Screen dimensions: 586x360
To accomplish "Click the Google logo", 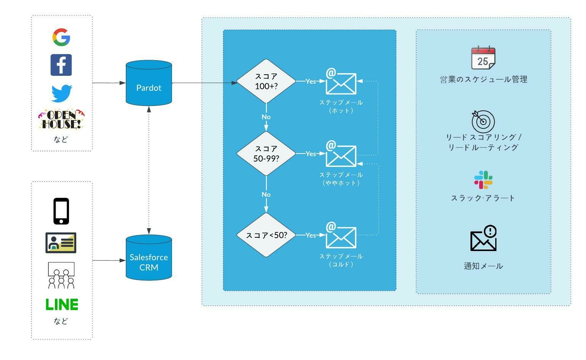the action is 61,37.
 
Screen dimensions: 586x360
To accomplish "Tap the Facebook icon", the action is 61,65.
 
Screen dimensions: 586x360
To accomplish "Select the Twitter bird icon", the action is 62,93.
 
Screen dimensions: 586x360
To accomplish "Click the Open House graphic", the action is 61,119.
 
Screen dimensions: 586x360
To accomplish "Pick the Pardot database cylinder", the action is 149,83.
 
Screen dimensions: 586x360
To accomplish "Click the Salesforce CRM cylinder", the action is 149,258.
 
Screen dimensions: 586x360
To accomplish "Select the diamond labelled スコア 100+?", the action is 266,81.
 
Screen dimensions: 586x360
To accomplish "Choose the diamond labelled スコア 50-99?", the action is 266,154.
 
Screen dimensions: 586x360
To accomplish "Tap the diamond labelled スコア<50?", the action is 266,235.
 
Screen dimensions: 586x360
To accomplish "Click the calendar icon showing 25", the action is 483,58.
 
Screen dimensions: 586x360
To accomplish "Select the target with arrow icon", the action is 483,121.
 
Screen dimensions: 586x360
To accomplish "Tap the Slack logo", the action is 483,180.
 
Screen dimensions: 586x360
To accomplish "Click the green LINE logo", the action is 62,305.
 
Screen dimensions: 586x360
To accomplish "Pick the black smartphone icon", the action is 61,211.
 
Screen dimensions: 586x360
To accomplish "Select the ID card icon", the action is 61,243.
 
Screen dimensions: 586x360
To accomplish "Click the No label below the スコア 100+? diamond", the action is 266,117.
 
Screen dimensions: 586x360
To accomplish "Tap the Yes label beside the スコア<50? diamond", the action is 311,235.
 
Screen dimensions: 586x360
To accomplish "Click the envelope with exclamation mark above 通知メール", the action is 483,238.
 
